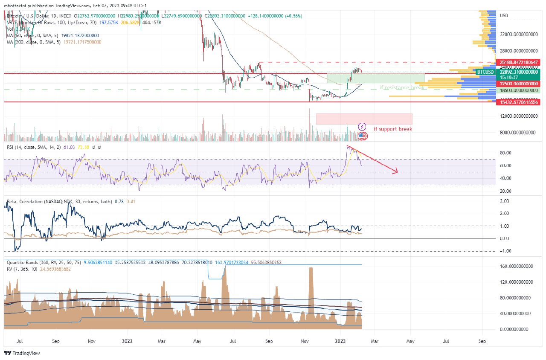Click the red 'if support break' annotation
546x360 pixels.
coord(392,129)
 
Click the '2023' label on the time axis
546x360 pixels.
coord(340,341)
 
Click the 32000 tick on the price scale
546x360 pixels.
coord(517,35)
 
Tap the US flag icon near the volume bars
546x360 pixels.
coord(362,136)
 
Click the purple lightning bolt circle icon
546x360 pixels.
coord(362,126)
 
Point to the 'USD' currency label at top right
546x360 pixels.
coord(503,15)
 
